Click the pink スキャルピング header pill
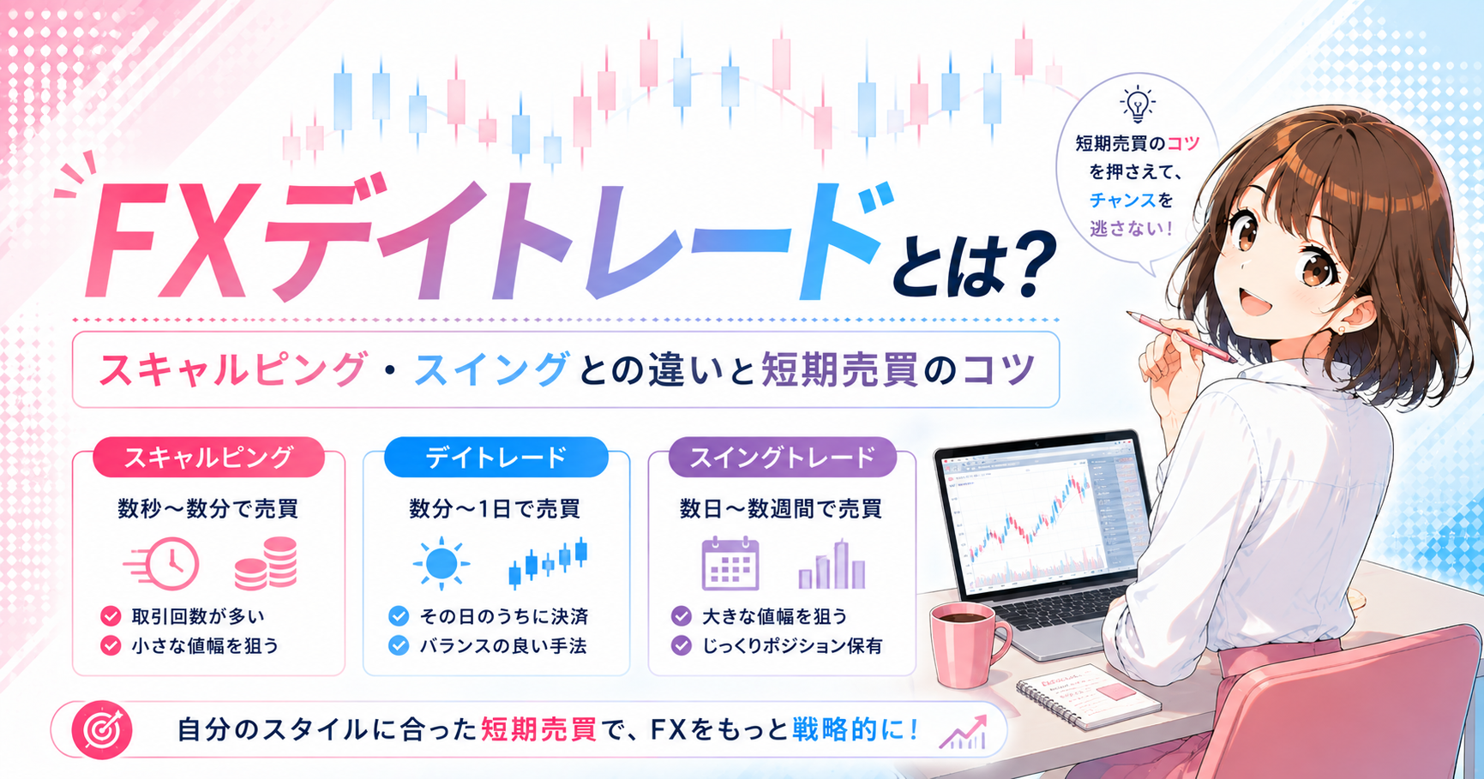208,457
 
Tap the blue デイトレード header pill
496,457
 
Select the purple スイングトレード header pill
782,457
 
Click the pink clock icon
163,563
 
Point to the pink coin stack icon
266,563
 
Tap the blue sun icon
442,563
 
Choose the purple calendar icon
730,563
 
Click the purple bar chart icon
832,565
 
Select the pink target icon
102,730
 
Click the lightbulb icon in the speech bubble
1137,105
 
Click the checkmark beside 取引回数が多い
111,616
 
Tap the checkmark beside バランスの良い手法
399,645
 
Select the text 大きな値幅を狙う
775,616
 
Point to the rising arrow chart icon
964,731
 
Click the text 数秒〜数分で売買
208,509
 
